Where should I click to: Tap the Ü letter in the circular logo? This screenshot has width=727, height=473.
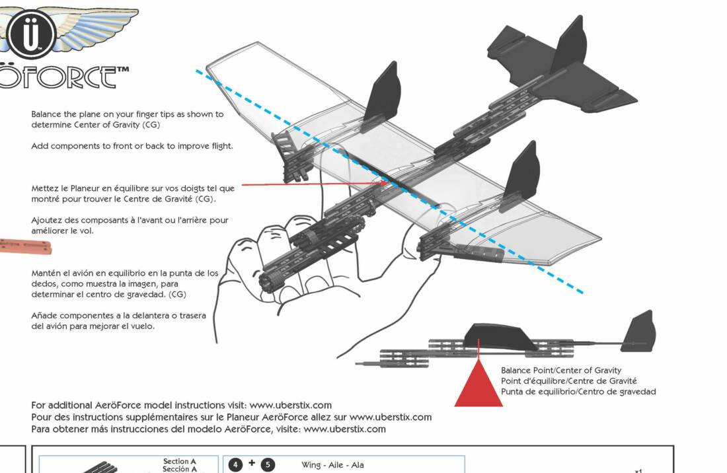[31, 35]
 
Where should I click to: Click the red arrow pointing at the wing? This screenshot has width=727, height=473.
[317, 186]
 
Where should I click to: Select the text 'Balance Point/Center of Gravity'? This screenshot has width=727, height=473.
[560, 371]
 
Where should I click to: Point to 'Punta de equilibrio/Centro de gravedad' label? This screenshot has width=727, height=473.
[578, 392]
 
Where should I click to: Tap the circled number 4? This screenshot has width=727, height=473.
[236, 465]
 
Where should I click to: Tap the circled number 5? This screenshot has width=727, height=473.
[268, 465]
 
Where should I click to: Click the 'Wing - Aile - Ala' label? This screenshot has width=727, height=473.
[332, 465]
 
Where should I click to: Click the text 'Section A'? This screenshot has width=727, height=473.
[180, 461]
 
